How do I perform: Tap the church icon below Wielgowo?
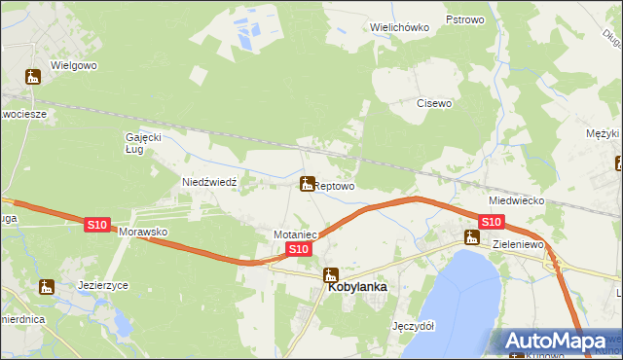click(x=32, y=77)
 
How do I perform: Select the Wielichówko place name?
click(x=400, y=27)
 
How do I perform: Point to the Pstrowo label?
click(x=464, y=19)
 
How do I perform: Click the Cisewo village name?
click(x=434, y=103)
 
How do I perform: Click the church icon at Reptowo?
click(x=307, y=183)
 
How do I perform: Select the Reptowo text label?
click(x=335, y=185)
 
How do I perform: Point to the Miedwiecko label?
click(x=516, y=199)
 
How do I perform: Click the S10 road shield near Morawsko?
click(x=96, y=225)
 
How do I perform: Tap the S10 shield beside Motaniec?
click(x=299, y=250)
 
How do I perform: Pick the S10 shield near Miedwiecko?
click(x=491, y=222)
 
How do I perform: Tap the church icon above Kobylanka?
click(x=331, y=273)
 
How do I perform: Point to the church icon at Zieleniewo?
click(x=472, y=236)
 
